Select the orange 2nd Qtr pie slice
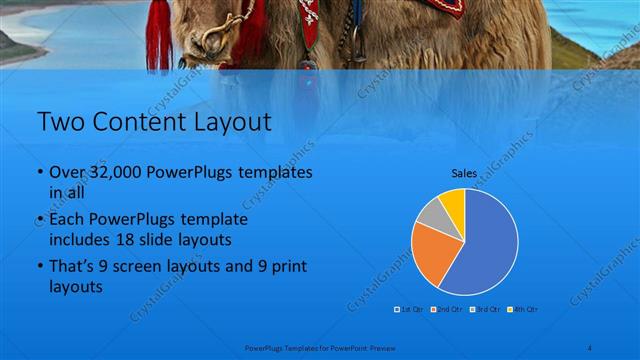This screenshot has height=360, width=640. (x=432, y=253)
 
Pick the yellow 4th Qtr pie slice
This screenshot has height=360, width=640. (x=453, y=200)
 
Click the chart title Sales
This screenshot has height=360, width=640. (x=464, y=172)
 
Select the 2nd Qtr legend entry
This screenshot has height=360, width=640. (x=447, y=309)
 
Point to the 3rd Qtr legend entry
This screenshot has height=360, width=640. (x=487, y=309)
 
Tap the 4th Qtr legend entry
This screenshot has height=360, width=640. (x=525, y=309)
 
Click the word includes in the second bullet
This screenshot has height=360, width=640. (x=83, y=241)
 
